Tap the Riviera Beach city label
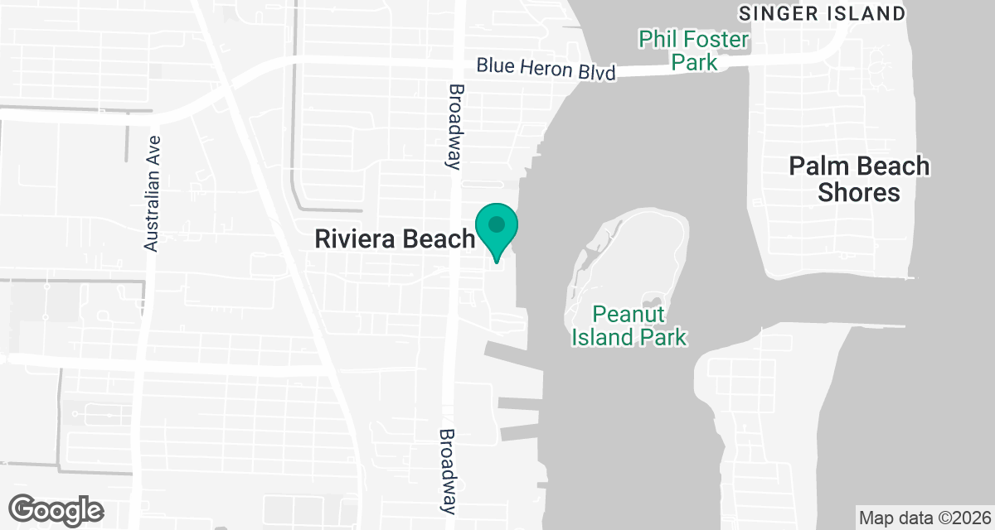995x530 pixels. coord(394,239)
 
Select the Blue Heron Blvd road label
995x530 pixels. coord(546,69)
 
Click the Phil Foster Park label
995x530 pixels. coord(694,50)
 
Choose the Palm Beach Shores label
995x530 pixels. coord(859,179)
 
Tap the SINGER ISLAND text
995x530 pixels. coord(821,13)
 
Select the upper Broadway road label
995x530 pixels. coord(454,126)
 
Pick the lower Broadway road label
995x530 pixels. coord(449,470)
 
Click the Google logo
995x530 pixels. coord(56,508)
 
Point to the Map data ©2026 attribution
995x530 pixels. coord(924,518)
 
